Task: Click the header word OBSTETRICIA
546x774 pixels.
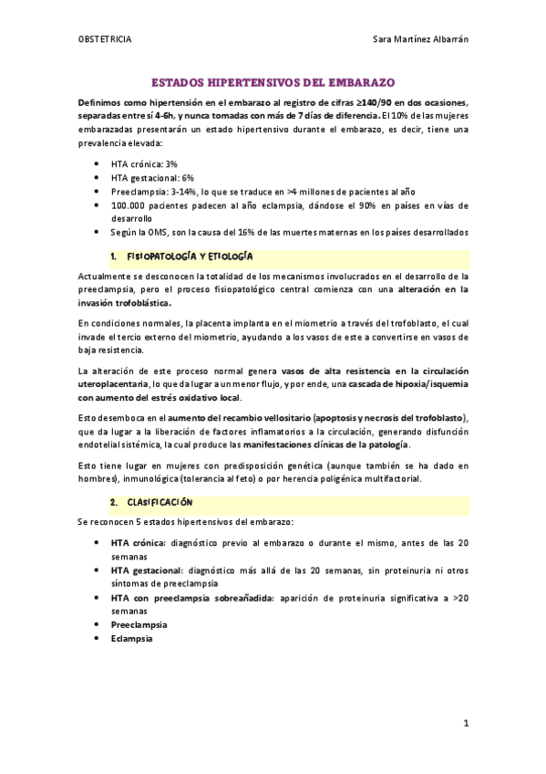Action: point(104,39)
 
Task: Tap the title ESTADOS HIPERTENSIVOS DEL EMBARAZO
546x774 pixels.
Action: point(273,81)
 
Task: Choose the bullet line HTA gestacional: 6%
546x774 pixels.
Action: point(152,178)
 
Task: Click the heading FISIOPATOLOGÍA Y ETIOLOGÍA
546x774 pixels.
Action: point(191,257)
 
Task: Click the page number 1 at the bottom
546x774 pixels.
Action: point(465,725)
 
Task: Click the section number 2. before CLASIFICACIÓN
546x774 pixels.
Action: point(114,502)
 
